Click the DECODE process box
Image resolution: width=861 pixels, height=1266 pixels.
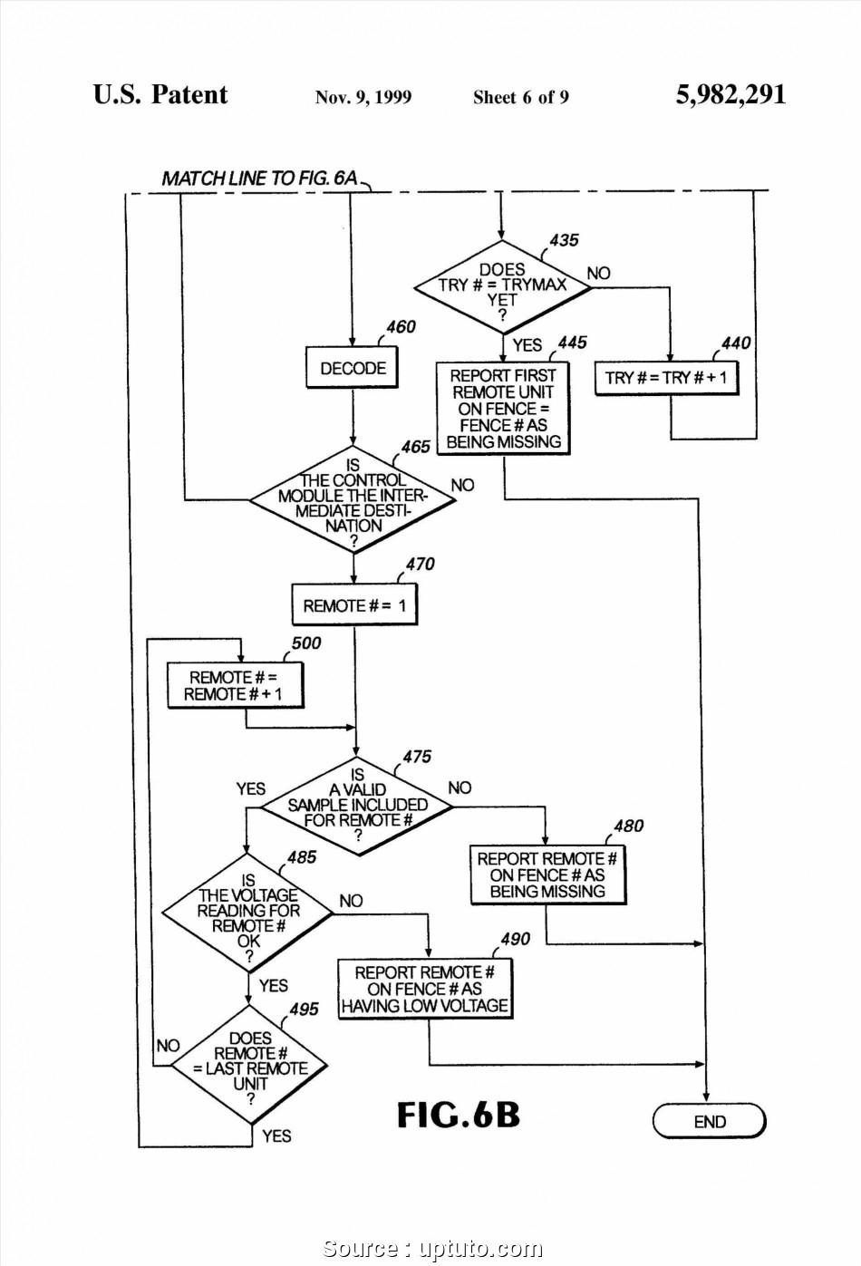353,368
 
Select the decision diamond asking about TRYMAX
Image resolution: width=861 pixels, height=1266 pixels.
502,287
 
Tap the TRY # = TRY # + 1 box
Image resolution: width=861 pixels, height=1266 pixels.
666,377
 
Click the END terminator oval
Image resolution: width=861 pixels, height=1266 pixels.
709,1121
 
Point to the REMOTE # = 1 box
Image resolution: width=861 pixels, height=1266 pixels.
354,605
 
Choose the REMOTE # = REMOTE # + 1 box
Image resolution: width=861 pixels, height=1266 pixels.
234,686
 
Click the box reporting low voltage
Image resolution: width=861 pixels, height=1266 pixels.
425,989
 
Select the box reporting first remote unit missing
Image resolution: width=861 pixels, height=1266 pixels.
503,409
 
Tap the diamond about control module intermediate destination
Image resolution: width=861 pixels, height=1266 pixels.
353,499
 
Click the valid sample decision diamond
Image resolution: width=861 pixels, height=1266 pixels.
358,806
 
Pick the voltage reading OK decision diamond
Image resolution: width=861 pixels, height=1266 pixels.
247,913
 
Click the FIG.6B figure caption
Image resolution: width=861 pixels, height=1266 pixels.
458,1115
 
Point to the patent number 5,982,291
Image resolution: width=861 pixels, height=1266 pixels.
730,95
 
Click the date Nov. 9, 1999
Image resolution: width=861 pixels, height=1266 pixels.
363,98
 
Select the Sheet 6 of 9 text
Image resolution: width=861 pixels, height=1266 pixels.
520,98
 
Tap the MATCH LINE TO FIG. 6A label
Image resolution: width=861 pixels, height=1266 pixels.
259,178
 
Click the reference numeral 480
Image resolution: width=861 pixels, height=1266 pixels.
628,826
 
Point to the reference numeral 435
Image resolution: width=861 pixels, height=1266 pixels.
564,240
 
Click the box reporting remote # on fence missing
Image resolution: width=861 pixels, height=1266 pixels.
547,875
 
